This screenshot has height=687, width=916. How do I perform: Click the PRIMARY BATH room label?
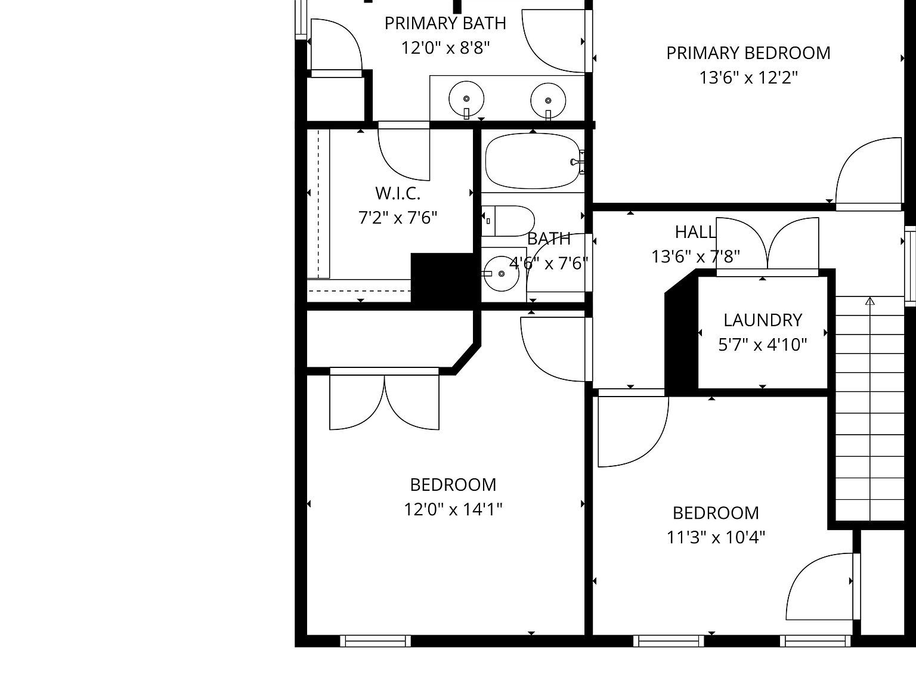[445, 23]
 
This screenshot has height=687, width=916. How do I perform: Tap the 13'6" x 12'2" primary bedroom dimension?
[748, 78]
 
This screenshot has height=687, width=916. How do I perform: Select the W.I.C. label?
[398, 193]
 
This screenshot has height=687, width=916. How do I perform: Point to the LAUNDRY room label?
[762, 320]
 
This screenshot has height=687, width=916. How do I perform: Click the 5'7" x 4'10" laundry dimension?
[762, 345]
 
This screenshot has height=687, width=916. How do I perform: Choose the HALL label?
[695, 232]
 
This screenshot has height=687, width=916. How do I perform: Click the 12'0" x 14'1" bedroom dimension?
[453, 509]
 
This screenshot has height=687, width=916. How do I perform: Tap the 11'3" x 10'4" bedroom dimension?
[716, 537]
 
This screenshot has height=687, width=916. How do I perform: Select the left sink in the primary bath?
[466, 99]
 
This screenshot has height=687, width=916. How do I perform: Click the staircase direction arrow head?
[870, 301]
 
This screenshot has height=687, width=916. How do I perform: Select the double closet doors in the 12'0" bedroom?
[385, 400]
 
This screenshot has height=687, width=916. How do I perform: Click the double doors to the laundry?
[768, 245]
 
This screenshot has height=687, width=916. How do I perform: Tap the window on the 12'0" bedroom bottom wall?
[376, 641]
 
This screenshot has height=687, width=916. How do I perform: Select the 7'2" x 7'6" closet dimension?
[398, 218]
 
